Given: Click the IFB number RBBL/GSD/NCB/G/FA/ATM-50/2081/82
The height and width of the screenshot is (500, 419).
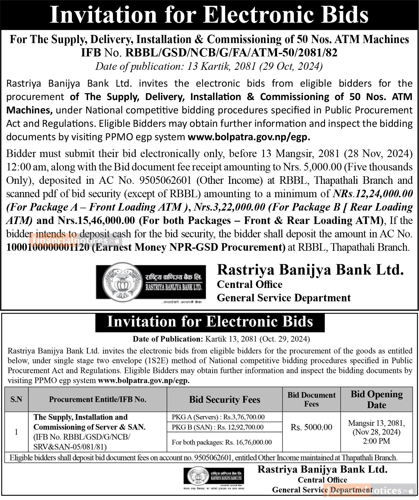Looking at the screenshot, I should tap(231, 53).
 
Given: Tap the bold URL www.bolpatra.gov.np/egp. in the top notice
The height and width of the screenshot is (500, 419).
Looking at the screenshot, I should tap(249, 137).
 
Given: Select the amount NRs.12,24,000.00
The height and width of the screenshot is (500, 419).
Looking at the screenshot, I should tap(373, 193).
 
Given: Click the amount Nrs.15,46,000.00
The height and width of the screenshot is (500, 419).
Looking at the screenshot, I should tap(96, 220).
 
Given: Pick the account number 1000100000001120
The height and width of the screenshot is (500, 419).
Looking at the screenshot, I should tap(48, 247).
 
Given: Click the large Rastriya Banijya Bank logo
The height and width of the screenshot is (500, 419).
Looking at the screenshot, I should tap(151, 282).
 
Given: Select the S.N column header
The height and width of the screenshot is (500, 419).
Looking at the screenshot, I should tap(16, 399).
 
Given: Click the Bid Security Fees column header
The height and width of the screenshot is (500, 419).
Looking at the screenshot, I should tap(225, 399).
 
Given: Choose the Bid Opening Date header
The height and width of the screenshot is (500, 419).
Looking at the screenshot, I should tap(377, 399).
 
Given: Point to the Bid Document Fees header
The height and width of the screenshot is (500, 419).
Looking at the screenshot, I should tap(311, 399).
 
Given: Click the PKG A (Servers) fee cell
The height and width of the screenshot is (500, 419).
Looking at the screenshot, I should tap(218, 417).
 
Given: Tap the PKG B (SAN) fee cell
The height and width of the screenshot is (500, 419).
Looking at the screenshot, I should tap(218, 427).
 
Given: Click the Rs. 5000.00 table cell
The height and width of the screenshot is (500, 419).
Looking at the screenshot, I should tap(311, 427).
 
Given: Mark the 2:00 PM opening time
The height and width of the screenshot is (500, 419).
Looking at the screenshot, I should tap(377, 441).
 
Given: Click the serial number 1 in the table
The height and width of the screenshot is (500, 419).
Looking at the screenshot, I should tap(16, 432).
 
